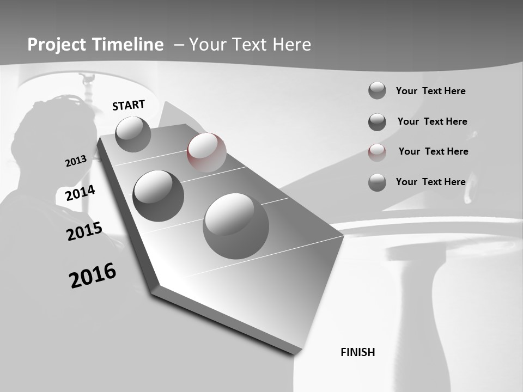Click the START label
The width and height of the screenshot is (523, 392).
pyautogui.click(x=129, y=105)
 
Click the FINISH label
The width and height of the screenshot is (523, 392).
pyautogui.click(x=357, y=352)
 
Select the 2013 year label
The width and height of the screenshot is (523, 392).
pyautogui.click(x=76, y=161)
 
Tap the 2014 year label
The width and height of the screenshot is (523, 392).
pyautogui.click(x=80, y=193)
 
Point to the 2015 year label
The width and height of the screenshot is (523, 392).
pyautogui.click(x=84, y=231)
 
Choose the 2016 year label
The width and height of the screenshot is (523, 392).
pyautogui.click(x=93, y=275)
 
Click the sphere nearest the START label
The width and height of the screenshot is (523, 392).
pyautogui.click(x=133, y=134)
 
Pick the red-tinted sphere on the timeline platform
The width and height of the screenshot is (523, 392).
pyautogui.click(x=206, y=152)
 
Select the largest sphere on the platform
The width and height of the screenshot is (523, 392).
pyautogui.click(x=235, y=226)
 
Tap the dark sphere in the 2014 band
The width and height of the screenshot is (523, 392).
pyautogui.click(x=158, y=195)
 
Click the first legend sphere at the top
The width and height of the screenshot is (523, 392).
pyautogui.click(x=377, y=91)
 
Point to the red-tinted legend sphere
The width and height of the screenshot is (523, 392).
pyautogui.click(x=377, y=152)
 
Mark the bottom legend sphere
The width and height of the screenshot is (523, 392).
pyautogui.click(x=377, y=182)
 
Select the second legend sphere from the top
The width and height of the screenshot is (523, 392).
pyautogui.click(x=377, y=122)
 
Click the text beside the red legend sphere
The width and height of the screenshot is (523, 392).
pyautogui.click(x=433, y=151)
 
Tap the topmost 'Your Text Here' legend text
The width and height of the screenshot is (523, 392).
pyautogui.click(x=430, y=91)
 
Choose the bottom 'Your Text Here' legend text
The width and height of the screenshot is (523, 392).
pyautogui.click(x=430, y=182)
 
